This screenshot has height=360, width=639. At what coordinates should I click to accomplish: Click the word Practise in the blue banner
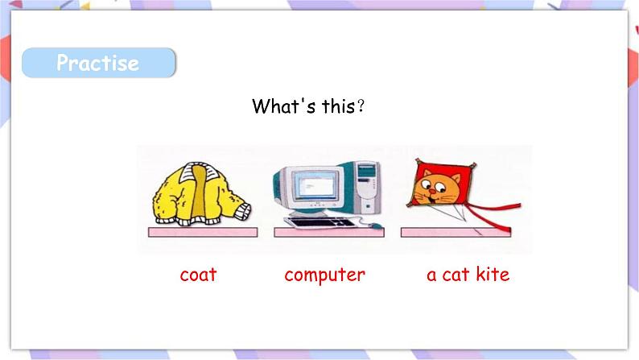tap(98, 63)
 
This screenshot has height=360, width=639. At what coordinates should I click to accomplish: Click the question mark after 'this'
tap(361, 106)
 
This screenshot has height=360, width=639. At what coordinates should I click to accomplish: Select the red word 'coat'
tap(198, 275)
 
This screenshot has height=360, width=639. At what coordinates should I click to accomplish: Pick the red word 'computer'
tap(325, 275)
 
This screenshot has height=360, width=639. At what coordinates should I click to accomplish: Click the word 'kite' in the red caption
tap(493, 274)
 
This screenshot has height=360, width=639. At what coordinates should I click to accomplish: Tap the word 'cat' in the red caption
tap(456, 275)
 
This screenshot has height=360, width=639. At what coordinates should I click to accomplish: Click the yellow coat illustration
tap(201, 194)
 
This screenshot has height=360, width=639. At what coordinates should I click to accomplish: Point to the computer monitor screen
tap(315, 185)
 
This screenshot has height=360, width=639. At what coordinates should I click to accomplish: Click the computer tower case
tap(368, 188)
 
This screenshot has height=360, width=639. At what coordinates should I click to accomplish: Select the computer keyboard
tap(320, 223)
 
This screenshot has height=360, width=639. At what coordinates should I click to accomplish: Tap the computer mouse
tap(376, 226)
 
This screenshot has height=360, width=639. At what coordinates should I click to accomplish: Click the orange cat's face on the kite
tap(436, 188)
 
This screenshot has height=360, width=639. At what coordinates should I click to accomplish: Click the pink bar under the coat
tap(203, 233)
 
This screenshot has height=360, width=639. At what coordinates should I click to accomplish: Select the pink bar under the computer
tap(329, 233)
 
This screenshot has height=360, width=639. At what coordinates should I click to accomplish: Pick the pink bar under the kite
tap(456, 233)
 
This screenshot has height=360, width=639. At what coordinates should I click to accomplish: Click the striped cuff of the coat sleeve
tap(243, 212)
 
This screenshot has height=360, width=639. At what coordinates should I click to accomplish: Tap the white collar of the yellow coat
tap(200, 172)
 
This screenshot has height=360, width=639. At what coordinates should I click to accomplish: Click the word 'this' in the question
tap(339, 106)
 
